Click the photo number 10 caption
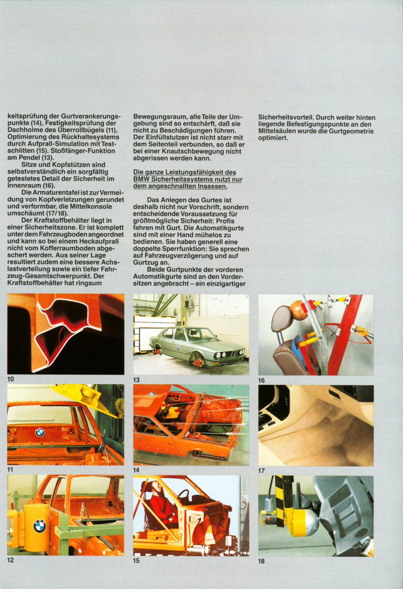11,379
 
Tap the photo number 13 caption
137,380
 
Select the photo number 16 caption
262,380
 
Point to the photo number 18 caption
262,561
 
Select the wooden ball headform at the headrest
299,310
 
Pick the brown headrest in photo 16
282,319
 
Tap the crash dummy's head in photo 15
156,488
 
